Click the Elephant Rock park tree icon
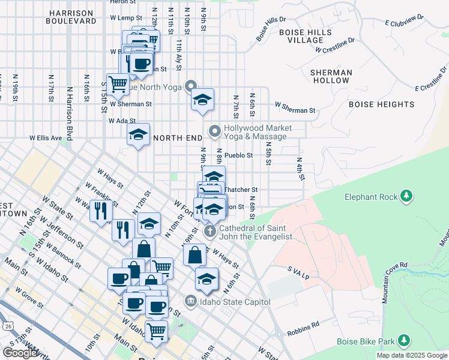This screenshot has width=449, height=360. click(406, 197)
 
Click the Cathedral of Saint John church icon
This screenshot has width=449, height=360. click(210, 231)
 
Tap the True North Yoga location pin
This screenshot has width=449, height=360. click(191, 86)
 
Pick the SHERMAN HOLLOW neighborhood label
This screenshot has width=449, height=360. click(331, 76)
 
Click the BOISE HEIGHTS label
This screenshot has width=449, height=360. click(381, 104)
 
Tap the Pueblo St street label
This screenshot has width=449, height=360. click(239, 155)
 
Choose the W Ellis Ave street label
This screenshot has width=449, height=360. click(46, 138)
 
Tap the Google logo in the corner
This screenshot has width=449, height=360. click(20, 352)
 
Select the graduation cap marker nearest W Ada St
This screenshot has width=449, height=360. click(138, 135)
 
